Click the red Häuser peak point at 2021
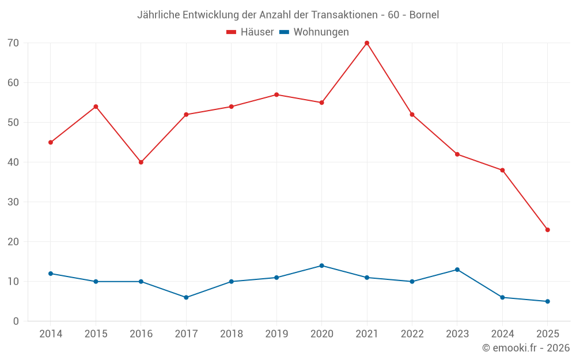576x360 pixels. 367,43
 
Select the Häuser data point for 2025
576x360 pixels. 547,230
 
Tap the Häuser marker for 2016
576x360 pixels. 141,162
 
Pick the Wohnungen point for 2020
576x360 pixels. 321,266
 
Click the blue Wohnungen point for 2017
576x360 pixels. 186,297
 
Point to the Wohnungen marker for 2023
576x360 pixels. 457,270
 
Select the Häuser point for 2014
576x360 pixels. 51,142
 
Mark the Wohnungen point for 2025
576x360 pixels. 547,301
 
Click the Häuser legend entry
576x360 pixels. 250,32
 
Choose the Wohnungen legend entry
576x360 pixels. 314,32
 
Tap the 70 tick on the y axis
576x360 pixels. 13,43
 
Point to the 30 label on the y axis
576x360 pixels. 13,202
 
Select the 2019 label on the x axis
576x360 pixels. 276,334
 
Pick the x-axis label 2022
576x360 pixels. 412,334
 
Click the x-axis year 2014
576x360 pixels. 51,334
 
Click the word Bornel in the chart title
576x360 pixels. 424,15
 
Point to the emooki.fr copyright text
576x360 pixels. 525,348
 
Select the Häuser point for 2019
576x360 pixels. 276,94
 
